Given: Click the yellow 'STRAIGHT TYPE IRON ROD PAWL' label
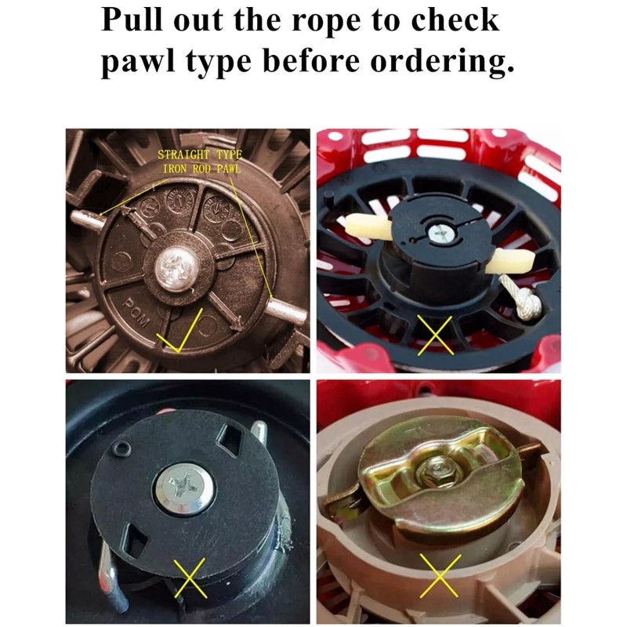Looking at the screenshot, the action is point(200,161).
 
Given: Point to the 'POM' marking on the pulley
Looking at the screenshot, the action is point(136,313).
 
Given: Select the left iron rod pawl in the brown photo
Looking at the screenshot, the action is point(87,220).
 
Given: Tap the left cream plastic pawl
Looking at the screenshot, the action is point(368,227).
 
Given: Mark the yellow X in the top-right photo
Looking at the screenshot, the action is point(435,335).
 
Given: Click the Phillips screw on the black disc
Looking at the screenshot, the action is point(183,488).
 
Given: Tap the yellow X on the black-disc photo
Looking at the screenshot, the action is point(190,578).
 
